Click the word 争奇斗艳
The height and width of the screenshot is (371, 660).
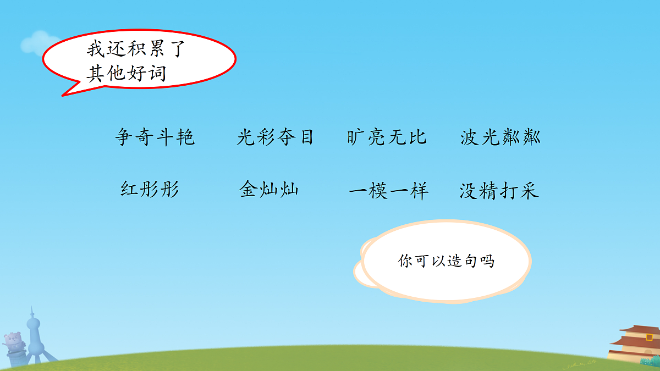tap(155, 137)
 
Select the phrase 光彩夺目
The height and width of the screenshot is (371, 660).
tap(275, 137)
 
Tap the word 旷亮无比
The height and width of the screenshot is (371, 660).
tap(387, 137)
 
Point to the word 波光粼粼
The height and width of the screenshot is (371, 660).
tap(501, 137)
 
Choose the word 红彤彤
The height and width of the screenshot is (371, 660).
tap(150, 190)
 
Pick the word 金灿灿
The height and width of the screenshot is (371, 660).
tap(269, 190)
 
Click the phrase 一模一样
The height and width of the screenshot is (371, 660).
tap(388, 191)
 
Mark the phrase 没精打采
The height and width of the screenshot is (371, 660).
tap(499, 191)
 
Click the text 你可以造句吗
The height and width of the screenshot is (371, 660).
tap(446, 261)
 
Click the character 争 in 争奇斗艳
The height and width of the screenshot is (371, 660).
tap(124, 137)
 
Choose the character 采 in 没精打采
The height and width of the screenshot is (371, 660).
tap(529, 191)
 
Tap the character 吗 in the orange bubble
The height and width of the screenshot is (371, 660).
tap(487, 261)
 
